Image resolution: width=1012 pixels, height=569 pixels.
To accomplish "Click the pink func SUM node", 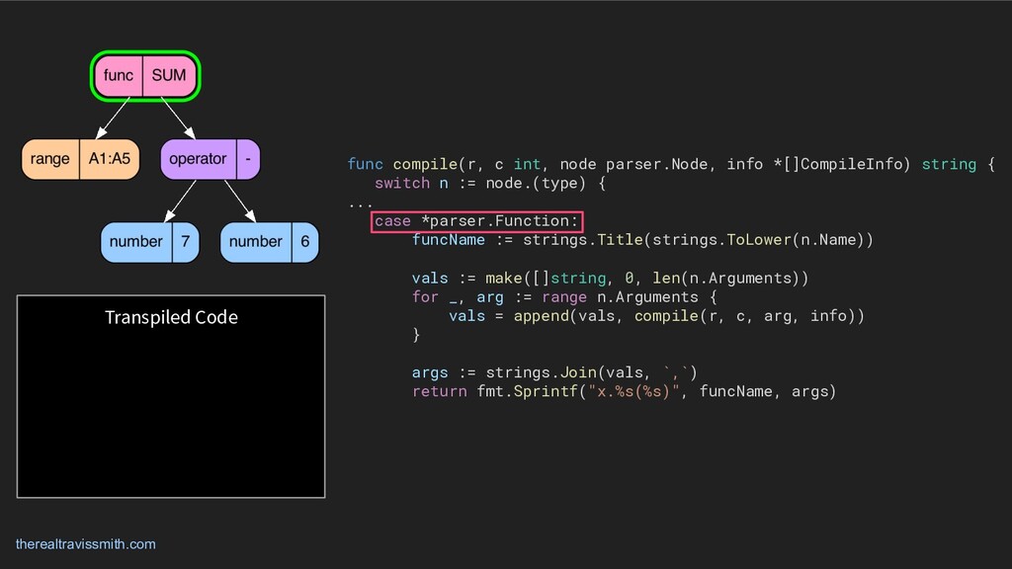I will click(x=146, y=76).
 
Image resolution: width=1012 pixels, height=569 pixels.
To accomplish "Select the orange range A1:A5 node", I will click(x=80, y=159).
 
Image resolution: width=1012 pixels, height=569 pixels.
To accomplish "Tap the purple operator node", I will click(x=209, y=159).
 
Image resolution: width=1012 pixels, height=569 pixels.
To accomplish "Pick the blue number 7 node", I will click(x=150, y=242).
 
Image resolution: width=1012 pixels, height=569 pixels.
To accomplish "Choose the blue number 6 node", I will click(x=270, y=242).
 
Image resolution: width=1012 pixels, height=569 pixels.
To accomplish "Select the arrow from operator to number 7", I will click(x=181, y=201).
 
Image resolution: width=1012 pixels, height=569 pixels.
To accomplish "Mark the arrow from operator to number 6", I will click(x=240, y=201).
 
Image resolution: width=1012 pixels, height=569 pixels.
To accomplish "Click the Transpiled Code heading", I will click(x=171, y=317).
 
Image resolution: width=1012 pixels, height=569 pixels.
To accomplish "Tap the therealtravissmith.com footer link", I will click(x=85, y=544).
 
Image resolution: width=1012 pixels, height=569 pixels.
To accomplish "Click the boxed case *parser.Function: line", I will click(x=476, y=220).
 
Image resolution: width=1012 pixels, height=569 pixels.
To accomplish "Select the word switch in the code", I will click(x=402, y=183).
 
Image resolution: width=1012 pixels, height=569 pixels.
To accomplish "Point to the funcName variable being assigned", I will click(x=448, y=240).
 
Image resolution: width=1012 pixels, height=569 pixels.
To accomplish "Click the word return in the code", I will click(x=439, y=391).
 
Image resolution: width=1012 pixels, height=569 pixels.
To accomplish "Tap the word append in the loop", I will click(x=541, y=316).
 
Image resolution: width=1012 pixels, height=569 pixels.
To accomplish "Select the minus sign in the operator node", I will click(x=247, y=159).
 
